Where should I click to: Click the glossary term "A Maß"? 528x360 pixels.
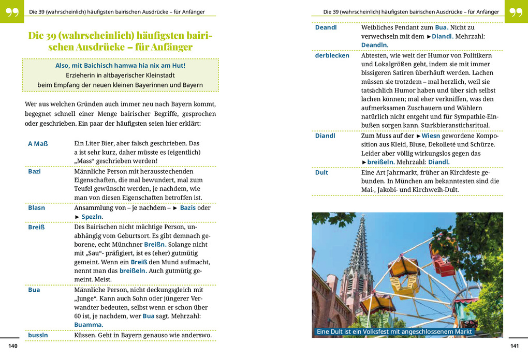[38, 143]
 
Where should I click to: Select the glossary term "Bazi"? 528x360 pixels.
[34, 171]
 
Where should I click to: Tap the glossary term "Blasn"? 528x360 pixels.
[36, 208]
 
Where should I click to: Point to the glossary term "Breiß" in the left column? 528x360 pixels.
[36, 227]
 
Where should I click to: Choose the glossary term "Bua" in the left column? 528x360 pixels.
[34, 290]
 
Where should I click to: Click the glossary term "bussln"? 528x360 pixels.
[38, 335]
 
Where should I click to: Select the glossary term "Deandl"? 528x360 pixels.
[326, 27]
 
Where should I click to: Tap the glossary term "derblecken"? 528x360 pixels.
[332, 55]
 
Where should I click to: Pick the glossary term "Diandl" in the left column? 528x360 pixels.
[325, 136]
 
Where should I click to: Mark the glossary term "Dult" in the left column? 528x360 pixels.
[321, 172]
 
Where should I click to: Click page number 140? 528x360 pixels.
[13, 346]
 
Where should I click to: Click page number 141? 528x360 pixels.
[515, 346]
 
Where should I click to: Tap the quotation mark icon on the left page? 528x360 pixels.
[12, 12]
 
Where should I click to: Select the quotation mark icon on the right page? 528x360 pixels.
[516, 12]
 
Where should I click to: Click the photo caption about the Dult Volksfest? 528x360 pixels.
[394, 332]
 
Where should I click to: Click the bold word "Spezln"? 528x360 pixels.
[92, 217]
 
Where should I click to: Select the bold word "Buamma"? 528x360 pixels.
[88, 325]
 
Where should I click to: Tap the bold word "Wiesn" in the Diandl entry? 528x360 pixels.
[431, 136]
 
